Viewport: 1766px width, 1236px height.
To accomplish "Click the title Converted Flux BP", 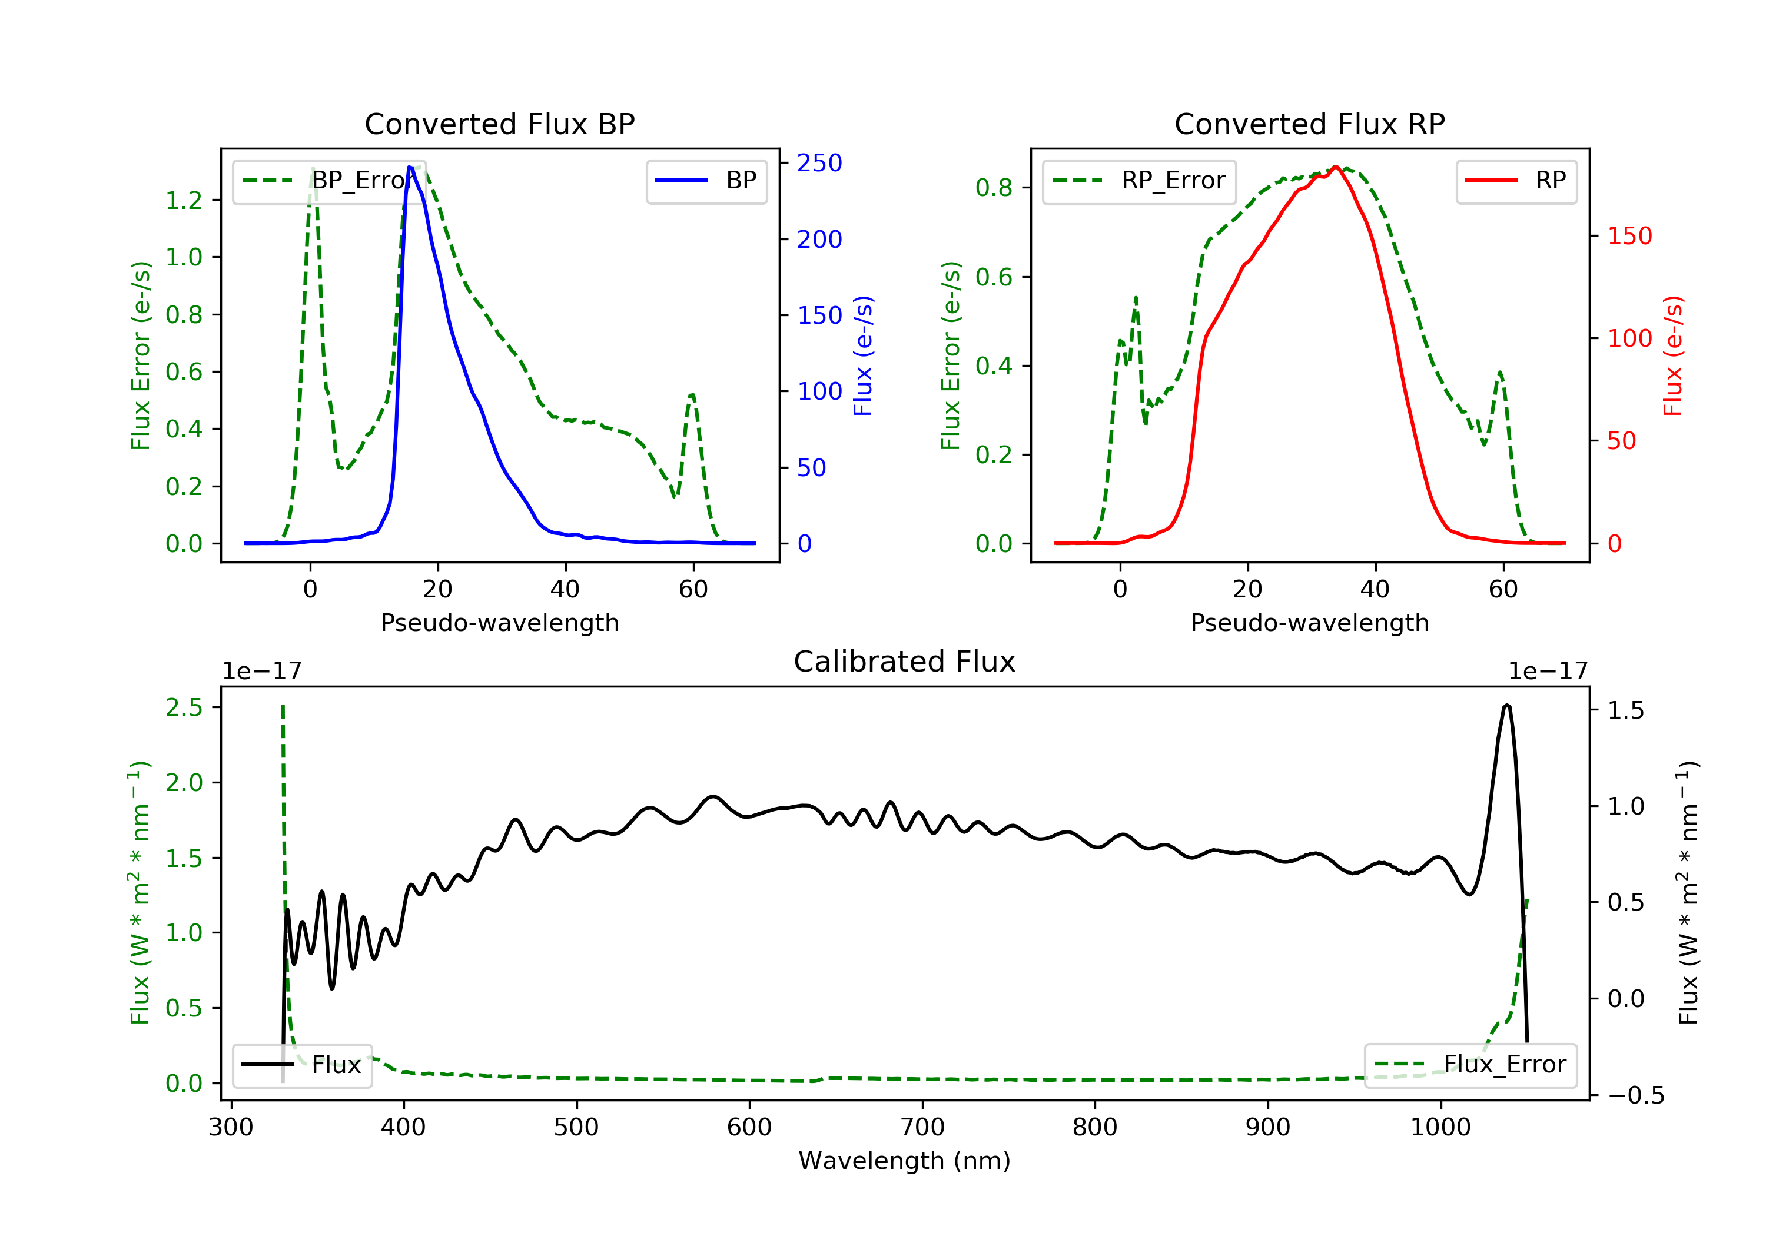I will (x=499, y=124).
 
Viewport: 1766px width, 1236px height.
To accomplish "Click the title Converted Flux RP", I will (x=1309, y=124).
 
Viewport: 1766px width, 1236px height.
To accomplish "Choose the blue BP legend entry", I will (x=706, y=181).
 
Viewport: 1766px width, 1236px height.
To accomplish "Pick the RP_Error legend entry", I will (x=1138, y=181).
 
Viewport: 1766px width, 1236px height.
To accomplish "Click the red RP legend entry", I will (x=1516, y=181).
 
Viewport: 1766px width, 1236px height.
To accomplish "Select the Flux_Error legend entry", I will (x=1470, y=1065).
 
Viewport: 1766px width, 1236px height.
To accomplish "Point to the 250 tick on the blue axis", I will (x=819, y=163).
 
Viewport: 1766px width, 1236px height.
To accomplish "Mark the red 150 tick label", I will (x=1629, y=236).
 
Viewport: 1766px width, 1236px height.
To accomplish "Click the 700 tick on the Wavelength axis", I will (x=922, y=1128).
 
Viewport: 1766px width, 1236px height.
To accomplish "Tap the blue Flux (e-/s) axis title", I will (x=863, y=356).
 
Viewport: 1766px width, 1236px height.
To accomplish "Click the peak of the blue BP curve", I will (x=410, y=167).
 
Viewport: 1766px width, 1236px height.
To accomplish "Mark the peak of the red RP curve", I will (x=1336, y=167).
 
